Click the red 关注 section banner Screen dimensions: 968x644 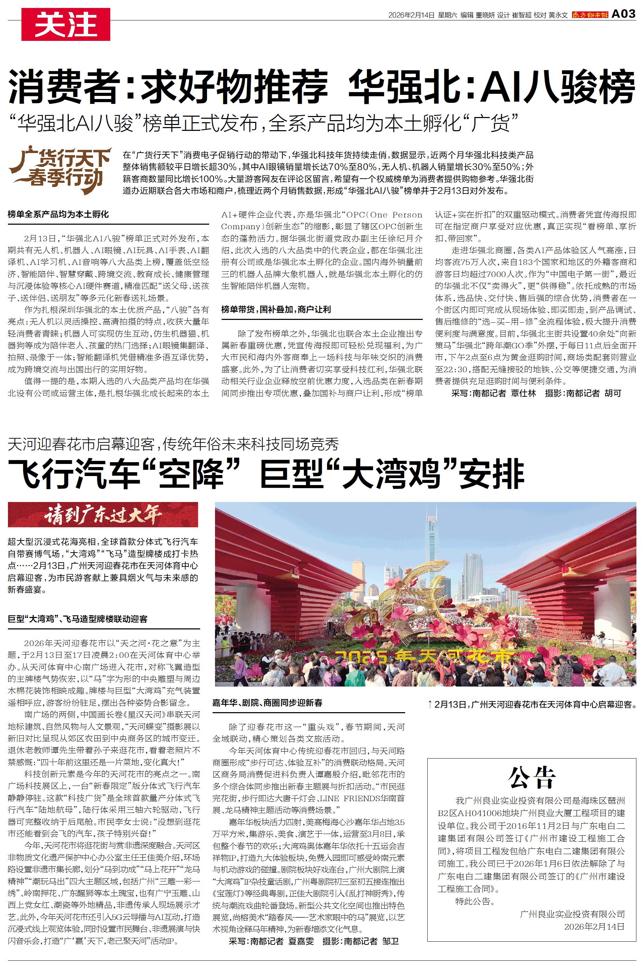66,24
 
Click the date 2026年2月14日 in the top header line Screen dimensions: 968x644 411,15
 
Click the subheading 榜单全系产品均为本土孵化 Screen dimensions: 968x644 58,214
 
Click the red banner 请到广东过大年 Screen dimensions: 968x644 103,514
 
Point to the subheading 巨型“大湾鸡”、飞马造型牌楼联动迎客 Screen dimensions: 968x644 78,619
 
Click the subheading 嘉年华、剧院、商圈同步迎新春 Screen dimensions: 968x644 267,703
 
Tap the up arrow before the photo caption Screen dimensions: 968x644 430,705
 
